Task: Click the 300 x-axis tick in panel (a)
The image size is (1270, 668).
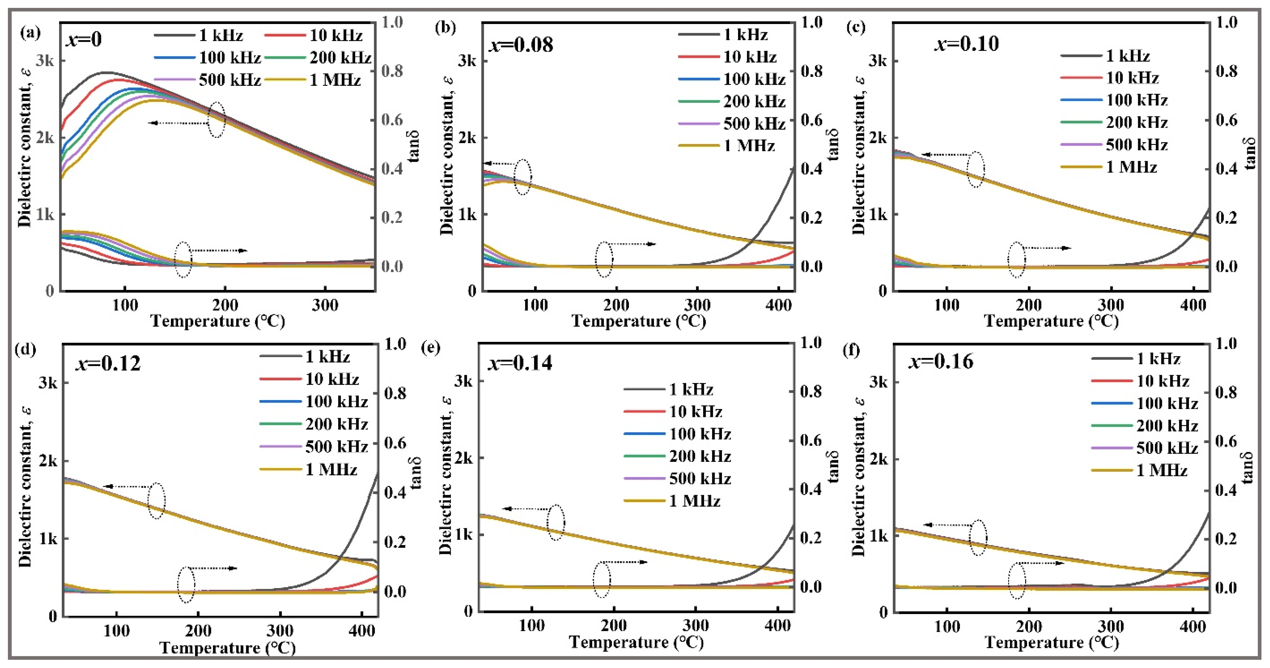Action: pos(325,305)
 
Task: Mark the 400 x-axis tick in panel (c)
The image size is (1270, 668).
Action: pos(1193,305)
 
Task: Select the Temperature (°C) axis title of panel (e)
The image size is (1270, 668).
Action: pos(636,642)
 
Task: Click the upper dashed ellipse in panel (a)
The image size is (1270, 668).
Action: pos(216,120)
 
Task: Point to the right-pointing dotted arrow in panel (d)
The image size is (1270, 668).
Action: pos(212,568)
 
